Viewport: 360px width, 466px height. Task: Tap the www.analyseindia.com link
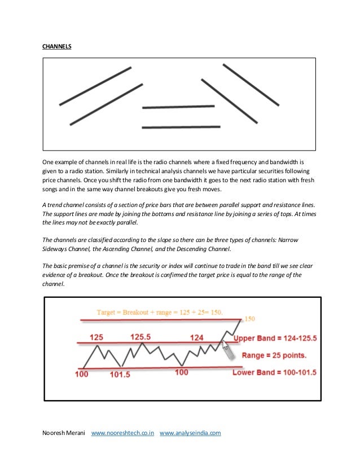click(x=190, y=433)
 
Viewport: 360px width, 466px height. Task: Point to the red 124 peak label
click(x=197, y=337)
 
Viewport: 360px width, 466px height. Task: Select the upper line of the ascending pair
click(x=95, y=86)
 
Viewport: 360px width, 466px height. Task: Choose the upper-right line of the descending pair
click(x=251, y=85)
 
